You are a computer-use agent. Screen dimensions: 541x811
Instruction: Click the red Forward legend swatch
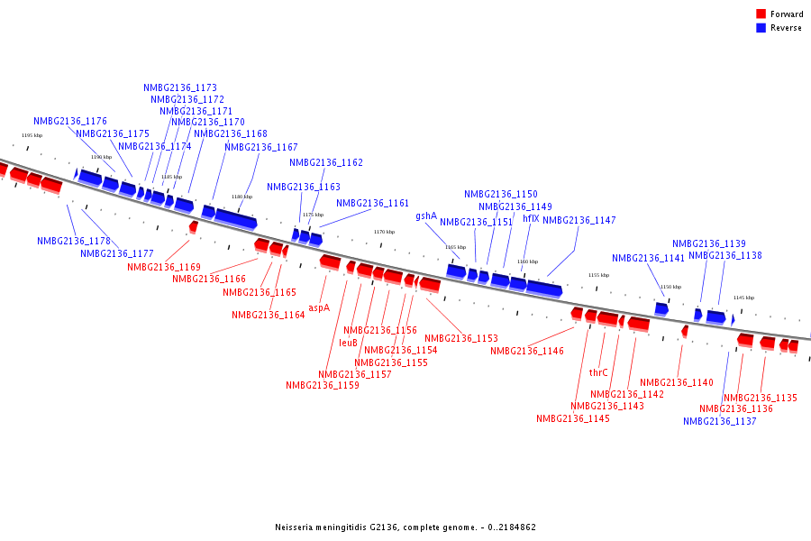pos(761,14)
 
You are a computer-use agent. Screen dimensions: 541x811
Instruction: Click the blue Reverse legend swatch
pos(761,28)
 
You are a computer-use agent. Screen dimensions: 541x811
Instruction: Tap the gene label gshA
pos(426,216)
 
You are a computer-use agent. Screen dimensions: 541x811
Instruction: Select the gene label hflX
pos(531,218)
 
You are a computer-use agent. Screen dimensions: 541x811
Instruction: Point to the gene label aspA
pos(319,307)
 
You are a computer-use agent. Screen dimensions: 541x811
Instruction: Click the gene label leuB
pos(349,343)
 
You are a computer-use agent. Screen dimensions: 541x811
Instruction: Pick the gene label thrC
pos(598,372)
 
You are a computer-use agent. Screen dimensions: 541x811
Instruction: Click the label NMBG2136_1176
pos(70,121)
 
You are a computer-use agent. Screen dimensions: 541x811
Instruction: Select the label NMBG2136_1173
pos(180,88)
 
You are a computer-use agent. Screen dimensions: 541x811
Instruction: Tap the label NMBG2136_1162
pos(326,163)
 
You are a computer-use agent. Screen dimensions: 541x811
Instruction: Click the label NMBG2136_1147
pos(579,221)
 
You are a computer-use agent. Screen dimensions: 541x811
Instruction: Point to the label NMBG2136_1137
pos(720,421)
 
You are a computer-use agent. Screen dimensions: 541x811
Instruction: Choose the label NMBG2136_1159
pos(323,385)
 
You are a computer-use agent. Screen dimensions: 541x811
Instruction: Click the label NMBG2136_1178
pos(74,242)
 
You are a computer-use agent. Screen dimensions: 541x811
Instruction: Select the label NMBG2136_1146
pos(527,351)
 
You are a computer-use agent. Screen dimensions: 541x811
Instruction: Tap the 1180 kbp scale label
pos(241,197)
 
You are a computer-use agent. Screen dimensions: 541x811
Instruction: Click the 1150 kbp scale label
pos(670,287)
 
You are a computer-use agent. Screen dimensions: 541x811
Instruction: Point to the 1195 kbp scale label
pos(32,135)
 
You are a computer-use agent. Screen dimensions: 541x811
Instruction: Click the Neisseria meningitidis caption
pos(405,527)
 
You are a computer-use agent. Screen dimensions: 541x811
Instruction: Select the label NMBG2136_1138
pos(725,256)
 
